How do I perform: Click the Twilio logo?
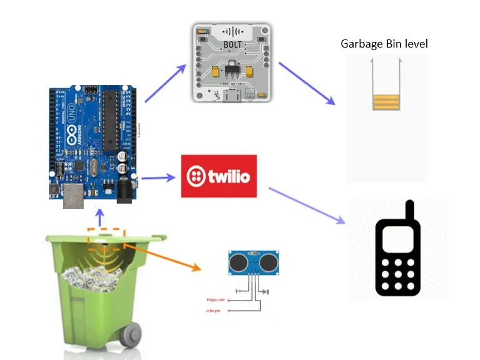(x=218, y=176)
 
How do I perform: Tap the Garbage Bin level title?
(x=384, y=44)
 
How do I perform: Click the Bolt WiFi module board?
(x=233, y=63)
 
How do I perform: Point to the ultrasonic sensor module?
(x=253, y=262)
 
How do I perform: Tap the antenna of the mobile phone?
(x=410, y=211)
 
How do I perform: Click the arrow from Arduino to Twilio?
(x=158, y=178)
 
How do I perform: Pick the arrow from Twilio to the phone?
(x=307, y=204)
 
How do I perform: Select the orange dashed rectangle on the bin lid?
(x=106, y=236)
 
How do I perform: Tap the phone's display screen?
(x=397, y=239)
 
